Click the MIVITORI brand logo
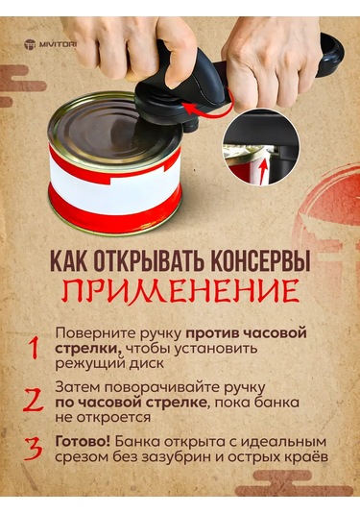point(59,43)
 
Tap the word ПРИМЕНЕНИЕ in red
point(180,290)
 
